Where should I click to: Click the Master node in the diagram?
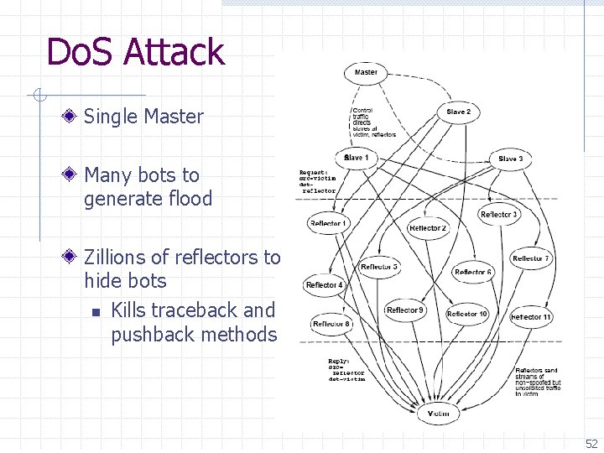tap(366, 73)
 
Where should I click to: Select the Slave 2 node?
tap(458, 112)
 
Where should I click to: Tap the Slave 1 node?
tap(355, 159)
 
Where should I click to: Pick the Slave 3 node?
tap(510, 159)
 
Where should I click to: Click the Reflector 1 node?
tap(327, 223)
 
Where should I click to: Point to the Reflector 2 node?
tap(428, 228)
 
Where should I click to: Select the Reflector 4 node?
tap(324, 285)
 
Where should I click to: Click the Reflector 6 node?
tap(473, 272)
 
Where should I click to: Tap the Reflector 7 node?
tap(531, 259)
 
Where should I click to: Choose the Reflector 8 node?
tap(331, 324)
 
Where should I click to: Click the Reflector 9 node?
tap(405, 310)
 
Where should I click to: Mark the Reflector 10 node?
tap(467, 314)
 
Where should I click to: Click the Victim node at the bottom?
tap(438, 414)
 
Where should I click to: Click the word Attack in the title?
tap(174, 52)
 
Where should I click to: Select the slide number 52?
tap(591, 444)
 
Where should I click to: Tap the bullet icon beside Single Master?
tap(73, 117)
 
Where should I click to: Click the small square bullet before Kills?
tap(96, 311)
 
